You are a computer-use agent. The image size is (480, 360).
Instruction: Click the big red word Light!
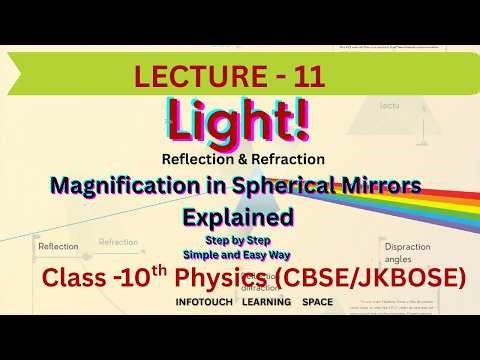tap(239, 125)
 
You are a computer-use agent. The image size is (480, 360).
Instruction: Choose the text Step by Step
tap(240, 240)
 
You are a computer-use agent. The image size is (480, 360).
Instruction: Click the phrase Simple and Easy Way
tap(240, 254)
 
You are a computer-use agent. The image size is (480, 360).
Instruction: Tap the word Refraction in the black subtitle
tap(287, 158)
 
